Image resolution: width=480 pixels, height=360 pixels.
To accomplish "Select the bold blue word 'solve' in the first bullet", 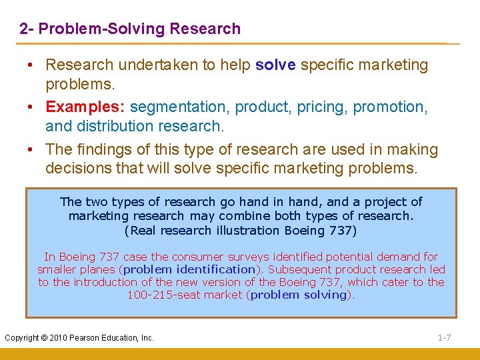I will [x=276, y=65].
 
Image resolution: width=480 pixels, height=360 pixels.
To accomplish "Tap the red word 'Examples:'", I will [x=85, y=107].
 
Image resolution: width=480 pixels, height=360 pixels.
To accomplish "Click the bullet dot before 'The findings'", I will [x=32, y=150].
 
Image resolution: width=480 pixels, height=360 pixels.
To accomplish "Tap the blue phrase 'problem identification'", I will [x=189, y=269].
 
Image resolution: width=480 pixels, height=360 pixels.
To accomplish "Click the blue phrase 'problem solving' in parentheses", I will [x=298, y=295].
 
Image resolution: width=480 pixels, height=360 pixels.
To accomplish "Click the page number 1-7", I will [x=444, y=338].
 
